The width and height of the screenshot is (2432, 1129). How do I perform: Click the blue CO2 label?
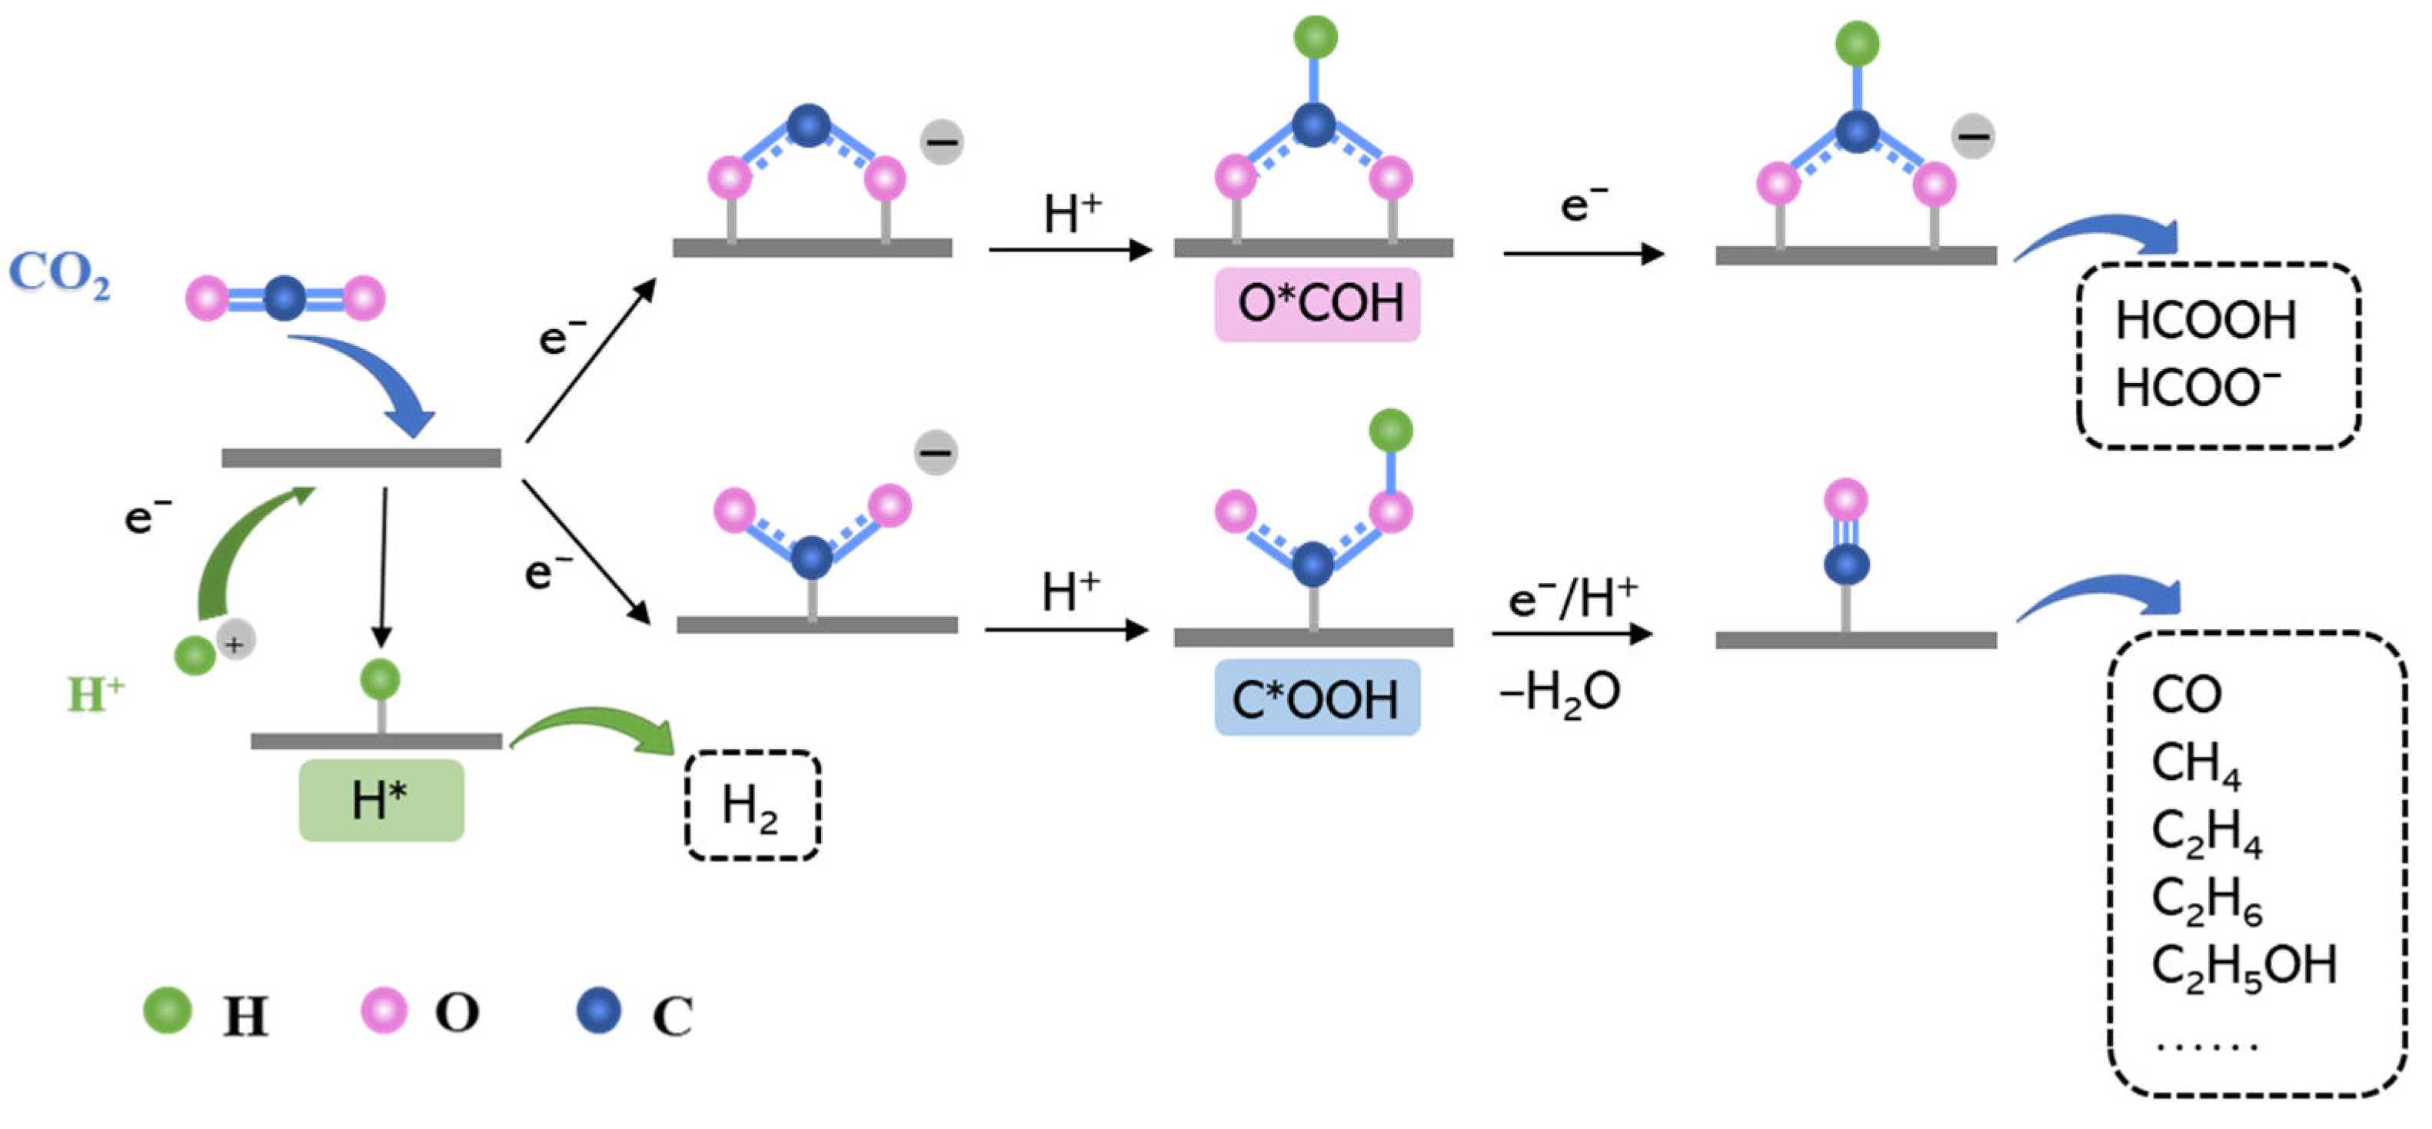[58, 274]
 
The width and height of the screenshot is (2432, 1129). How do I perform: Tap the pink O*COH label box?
[1317, 304]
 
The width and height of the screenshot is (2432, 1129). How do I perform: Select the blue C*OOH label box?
[1316, 698]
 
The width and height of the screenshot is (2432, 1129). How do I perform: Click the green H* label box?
[381, 801]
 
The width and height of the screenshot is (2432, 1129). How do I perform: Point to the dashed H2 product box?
[751, 805]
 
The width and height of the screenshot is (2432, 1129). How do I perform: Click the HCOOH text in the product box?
[2204, 321]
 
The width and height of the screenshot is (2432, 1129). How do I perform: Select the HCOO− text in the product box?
[2196, 388]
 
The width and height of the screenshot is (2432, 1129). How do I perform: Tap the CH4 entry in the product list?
[2194, 763]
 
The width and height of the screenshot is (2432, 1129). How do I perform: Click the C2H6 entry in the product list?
[2205, 899]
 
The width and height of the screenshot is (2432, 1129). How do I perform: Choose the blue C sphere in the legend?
[598, 1010]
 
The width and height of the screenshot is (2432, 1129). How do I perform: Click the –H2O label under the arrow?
[1559, 693]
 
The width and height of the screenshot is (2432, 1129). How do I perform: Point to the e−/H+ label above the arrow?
[1572, 598]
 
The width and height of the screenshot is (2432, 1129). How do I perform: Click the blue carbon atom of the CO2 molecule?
[284, 298]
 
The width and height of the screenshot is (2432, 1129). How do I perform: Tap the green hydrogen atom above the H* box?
[381, 678]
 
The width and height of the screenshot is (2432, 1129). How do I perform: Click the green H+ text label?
[95, 694]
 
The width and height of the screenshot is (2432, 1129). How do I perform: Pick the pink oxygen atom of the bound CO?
[1845, 499]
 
